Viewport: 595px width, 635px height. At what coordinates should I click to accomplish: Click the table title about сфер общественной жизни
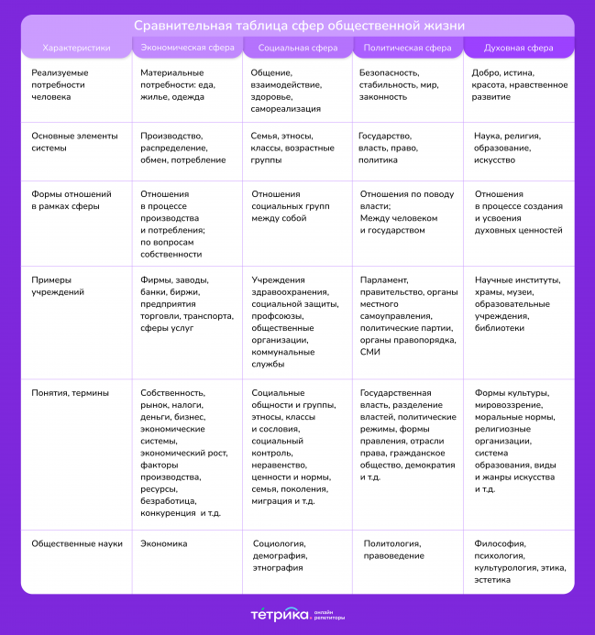click(298, 25)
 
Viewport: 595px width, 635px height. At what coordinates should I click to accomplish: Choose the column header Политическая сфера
click(407, 47)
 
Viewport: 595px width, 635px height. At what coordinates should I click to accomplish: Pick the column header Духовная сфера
click(517, 47)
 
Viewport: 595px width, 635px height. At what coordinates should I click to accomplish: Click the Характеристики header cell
click(77, 47)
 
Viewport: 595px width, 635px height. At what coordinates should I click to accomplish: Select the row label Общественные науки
click(77, 543)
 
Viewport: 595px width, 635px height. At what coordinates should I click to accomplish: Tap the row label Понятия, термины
click(70, 392)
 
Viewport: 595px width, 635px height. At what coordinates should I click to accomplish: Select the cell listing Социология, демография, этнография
click(281, 555)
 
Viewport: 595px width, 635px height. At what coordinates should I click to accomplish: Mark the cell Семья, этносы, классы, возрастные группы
click(292, 148)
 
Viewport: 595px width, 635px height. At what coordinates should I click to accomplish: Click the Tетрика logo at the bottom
click(279, 614)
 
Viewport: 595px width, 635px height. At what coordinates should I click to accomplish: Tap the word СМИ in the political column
click(369, 351)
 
